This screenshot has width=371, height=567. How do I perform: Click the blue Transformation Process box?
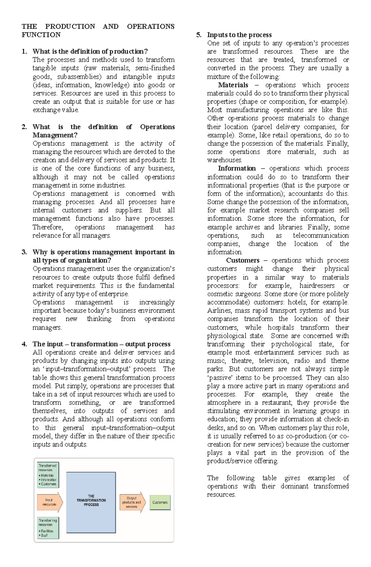click(x=91, y=502)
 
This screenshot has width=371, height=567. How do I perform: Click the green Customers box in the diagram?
click(x=160, y=502)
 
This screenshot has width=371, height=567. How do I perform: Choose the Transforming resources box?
click(x=48, y=528)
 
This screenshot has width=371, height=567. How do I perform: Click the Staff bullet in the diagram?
click(x=44, y=535)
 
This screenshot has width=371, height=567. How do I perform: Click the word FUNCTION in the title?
click(x=41, y=35)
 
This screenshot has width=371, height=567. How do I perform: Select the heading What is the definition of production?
click(x=90, y=51)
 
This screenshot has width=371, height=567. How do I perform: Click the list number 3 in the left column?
click(x=24, y=252)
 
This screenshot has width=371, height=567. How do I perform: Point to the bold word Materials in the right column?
click(x=233, y=85)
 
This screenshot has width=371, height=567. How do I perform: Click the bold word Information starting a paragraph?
click(x=237, y=168)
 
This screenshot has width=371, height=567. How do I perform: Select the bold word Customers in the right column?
click(x=243, y=260)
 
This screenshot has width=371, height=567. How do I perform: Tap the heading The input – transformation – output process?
click(x=101, y=344)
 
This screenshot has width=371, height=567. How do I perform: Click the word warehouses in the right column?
click(x=224, y=160)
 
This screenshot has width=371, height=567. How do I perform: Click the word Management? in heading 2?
click(x=55, y=135)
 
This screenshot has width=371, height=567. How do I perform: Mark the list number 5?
click(x=198, y=35)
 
